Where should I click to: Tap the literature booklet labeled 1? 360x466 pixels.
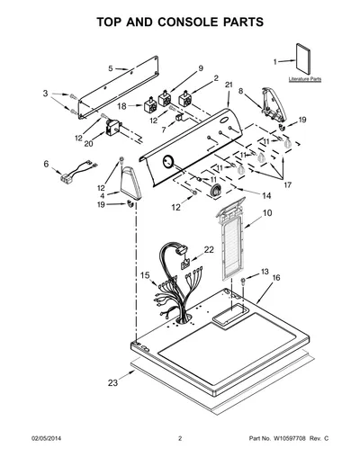[303, 59]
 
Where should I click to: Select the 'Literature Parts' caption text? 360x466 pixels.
[305, 79]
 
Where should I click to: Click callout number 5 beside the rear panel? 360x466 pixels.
[111, 68]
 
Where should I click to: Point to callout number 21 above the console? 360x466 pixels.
[229, 85]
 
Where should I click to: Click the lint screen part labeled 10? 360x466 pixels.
[230, 238]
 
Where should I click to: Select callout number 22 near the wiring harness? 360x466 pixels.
[209, 249]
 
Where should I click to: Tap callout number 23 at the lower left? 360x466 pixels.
[112, 383]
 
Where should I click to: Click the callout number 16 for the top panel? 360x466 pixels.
[276, 278]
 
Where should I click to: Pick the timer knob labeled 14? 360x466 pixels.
[216, 191]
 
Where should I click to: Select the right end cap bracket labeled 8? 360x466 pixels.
[274, 105]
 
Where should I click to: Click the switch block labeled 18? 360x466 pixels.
[150, 105]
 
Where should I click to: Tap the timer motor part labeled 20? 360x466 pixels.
[112, 128]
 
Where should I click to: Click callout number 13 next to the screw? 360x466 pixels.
[265, 272]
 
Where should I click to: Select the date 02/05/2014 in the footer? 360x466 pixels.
[47, 438]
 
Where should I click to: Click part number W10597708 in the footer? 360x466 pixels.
[289, 438]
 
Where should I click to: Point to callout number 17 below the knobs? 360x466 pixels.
[287, 185]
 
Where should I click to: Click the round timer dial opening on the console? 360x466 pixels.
[167, 162]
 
